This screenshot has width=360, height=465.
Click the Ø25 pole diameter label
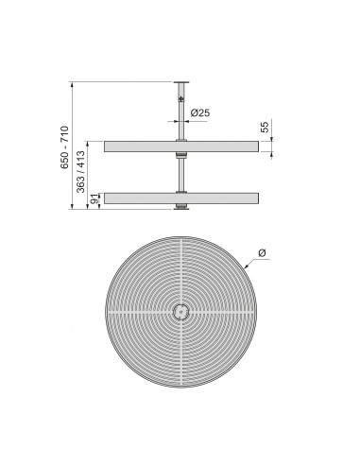199,113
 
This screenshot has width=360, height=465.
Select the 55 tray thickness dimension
266,126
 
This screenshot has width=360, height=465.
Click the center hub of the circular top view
180,311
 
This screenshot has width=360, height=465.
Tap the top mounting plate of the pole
180,81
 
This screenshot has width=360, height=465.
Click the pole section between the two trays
180,172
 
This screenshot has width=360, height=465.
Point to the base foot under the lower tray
180,206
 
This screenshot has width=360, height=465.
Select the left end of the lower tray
106,198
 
